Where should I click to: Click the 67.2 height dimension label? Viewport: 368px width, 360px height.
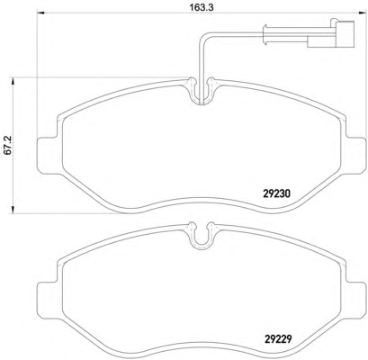pyautogui.click(x=8, y=145)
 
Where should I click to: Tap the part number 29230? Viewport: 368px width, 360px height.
pyautogui.click(x=276, y=194)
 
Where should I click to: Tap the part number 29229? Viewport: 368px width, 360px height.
pyautogui.click(x=278, y=339)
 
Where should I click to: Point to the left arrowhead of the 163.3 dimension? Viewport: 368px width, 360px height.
pyautogui.click(x=40, y=13)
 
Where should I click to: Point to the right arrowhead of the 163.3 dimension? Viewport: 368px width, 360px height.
pyautogui.click(x=362, y=13)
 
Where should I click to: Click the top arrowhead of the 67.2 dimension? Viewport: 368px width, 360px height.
pyautogui.click(x=13, y=81)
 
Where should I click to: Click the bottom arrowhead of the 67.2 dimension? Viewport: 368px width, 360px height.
pyautogui.click(x=13, y=210)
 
